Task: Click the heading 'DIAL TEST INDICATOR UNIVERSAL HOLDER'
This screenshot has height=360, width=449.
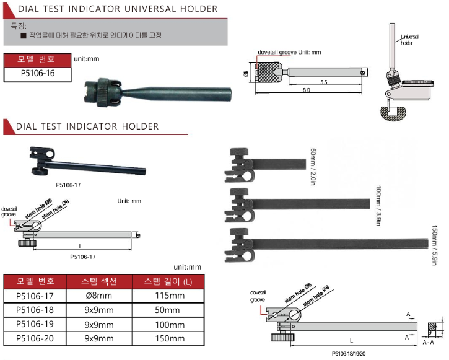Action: click(x=117, y=9)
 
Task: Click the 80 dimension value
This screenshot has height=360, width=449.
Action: click(x=306, y=90)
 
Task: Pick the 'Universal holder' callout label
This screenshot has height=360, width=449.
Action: click(x=409, y=40)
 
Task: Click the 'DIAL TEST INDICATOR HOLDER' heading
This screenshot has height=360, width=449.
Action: click(x=87, y=126)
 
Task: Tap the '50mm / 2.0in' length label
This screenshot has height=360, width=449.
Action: click(x=313, y=162)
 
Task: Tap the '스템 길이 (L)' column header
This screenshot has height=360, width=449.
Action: click(x=165, y=281)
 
